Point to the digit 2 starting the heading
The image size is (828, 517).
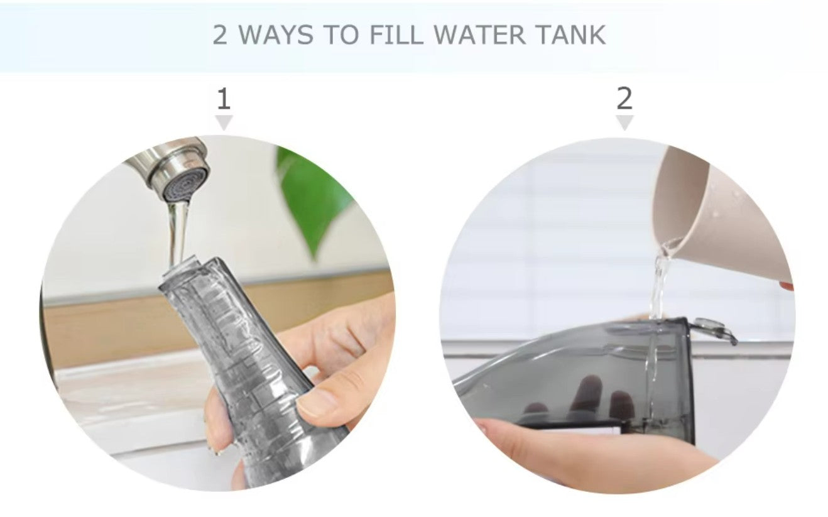[x=219, y=35]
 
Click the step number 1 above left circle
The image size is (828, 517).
[x=224, y=100]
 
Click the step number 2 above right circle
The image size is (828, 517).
[x=624, y=99]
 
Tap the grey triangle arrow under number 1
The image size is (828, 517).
[x=224, y=122]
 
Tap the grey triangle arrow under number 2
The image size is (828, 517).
[x=624, y=122]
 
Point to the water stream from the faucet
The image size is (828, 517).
[x=178, y=232]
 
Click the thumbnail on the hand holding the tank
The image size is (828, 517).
[x=317, y=403]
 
